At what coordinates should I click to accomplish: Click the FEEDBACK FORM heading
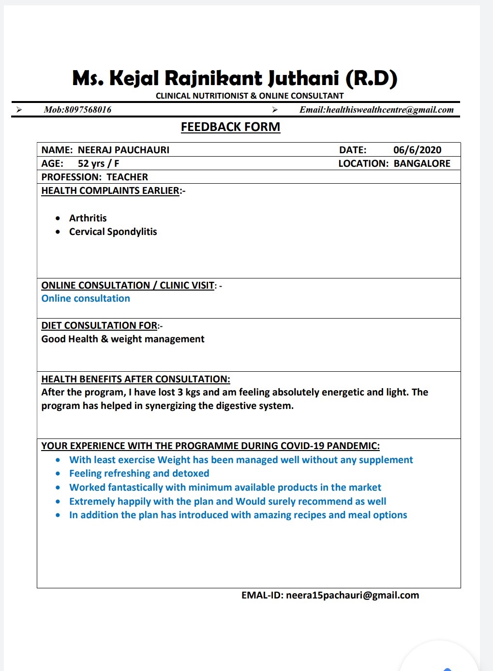click(x=230, y=127)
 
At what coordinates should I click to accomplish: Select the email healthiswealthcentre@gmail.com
click(x=390, y=110)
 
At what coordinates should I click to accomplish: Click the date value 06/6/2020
click(x=417, y=150)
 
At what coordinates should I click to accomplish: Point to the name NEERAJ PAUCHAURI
click(x=123, y=150)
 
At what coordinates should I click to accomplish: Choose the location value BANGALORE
click(x=422, y=163)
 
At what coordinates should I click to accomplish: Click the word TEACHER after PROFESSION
click(x=127, y=177)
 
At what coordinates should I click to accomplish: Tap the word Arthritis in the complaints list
click(x=88, y=218)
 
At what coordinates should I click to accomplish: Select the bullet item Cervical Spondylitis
click(x=113, y=232)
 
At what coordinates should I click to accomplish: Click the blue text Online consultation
click(x=86, y=298)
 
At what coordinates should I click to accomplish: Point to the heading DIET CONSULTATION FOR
click(x=99, y=325)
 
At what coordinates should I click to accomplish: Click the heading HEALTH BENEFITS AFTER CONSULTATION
click(x=135, y=379)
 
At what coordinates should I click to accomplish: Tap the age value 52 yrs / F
click(x=98, y=163)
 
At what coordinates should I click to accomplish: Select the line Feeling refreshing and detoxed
click(x=139, y=473)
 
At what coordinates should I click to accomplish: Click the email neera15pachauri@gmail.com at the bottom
click(x=352, y=595)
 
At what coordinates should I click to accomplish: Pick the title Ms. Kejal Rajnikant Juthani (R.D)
click(x=235, y=78)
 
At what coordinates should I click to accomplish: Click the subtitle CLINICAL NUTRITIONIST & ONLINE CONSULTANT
click(x=250, y=96)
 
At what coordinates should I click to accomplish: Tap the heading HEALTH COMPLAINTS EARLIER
click(x=110, y=190)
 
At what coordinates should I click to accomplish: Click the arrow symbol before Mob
click(x=19, y=110)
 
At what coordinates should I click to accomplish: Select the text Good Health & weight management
click(x=123, y=339)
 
